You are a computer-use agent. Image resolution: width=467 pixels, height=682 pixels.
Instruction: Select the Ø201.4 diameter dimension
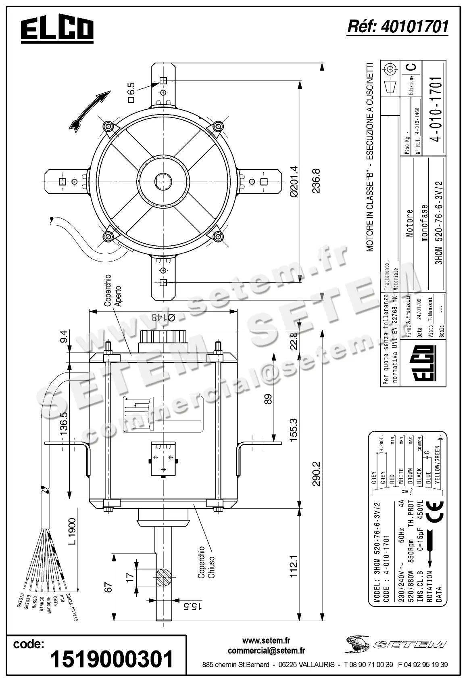[293, 181]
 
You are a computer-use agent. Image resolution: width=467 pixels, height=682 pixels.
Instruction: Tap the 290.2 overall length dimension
[316, 474]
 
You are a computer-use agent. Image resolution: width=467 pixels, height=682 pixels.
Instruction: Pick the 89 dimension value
[268, 399]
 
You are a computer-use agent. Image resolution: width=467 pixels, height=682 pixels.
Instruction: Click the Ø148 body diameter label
[163, 318]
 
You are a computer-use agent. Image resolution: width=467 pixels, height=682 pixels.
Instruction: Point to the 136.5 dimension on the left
[64, 424]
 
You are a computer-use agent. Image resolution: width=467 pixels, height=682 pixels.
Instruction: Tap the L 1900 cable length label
[72, 532]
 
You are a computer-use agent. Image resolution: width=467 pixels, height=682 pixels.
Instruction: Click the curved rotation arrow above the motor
[90, 111]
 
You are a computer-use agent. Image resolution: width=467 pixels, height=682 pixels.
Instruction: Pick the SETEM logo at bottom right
[395, 644]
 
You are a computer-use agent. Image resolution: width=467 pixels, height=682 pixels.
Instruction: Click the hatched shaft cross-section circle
[163, 578]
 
